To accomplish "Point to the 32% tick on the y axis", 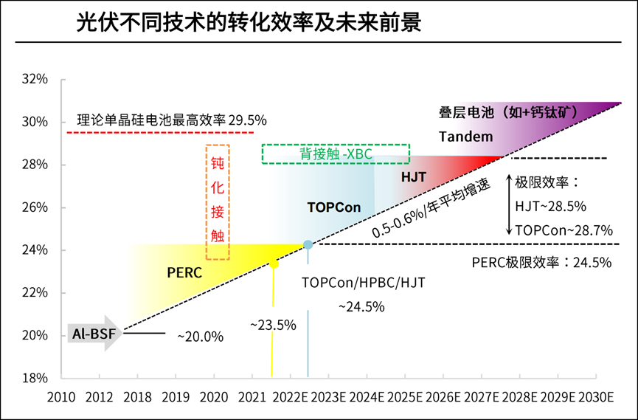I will (x=35, y=78).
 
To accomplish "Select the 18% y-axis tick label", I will (x=35, y=378).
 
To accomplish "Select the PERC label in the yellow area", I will (x=184, y=272).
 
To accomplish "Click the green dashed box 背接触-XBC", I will (x=336, y=154).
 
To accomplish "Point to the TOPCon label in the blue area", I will (x=334, y=207).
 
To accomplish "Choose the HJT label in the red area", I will (x=415, y=177).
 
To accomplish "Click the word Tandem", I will (x=465, y=137).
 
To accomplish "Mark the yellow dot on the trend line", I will (x=274, y=264).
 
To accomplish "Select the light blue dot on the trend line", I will (x=308, y=244).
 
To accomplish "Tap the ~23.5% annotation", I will (x=272, y=325).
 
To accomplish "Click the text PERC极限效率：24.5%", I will (x=542, y=262).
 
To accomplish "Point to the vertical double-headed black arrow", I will (x=509, y=204).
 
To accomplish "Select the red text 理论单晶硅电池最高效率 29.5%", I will (x=172, y=119).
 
